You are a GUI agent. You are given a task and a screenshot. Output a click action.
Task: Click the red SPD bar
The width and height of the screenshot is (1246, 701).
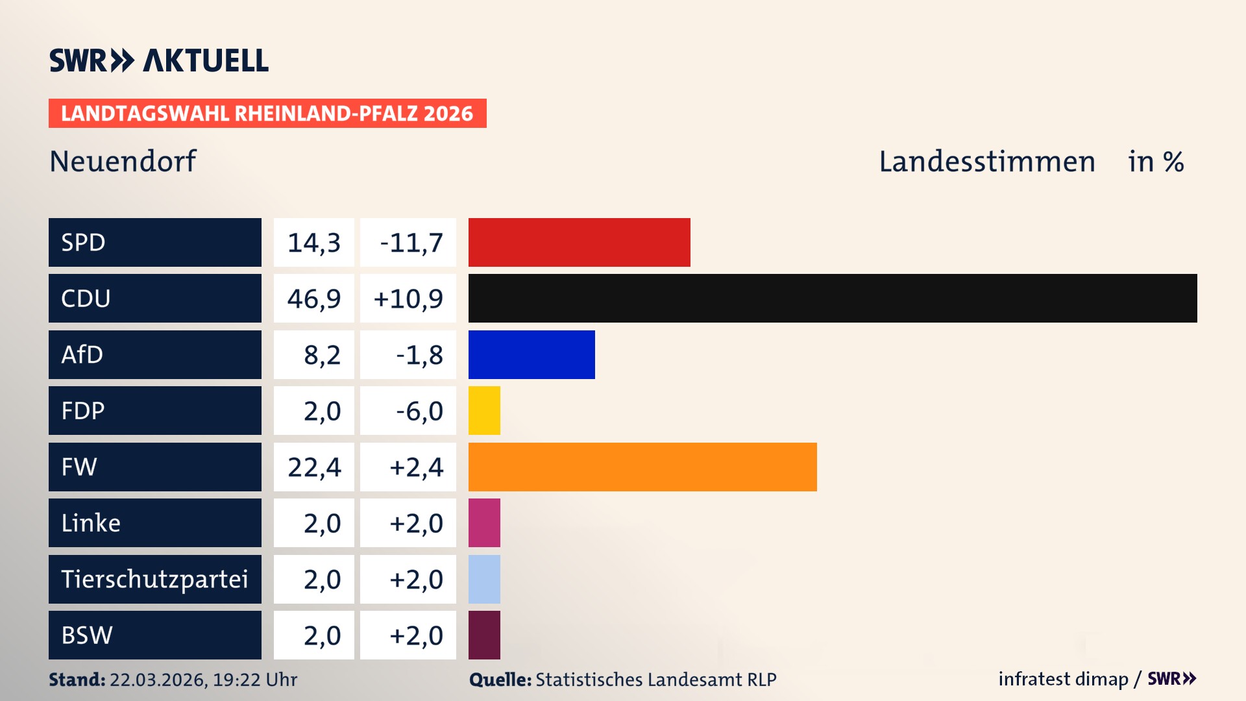[x=579, y=242]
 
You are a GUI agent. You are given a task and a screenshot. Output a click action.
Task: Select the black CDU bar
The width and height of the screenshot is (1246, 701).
[x=832, y=298]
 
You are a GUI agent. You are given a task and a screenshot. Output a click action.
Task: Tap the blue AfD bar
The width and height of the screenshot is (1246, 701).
[x=531, y=354]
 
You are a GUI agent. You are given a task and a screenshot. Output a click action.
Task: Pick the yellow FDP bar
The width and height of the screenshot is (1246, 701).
[x=484, y=410]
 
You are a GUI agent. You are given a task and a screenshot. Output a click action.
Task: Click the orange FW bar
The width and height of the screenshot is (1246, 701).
[x=642, y=467]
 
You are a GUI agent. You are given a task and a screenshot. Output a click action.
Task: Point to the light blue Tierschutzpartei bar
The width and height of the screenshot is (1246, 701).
[x=484, y=579]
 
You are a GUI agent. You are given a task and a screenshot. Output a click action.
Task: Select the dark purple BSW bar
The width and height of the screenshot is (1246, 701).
[x=484, y=635]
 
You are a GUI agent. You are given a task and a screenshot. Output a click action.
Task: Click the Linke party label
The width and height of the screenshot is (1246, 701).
[x=91, y=523]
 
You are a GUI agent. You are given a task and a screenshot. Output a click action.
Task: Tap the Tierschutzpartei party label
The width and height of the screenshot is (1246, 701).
[x=154, y=579]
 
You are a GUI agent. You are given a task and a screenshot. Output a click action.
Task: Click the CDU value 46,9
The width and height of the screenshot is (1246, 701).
[x=314, y=299]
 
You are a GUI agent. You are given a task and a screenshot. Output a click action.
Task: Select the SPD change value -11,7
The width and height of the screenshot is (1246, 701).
[x=411, y=243]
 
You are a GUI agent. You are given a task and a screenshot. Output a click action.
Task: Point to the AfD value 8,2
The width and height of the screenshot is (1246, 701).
[x=322, y=355]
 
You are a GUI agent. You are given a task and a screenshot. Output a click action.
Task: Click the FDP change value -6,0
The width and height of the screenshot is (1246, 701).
[x=419, y=411]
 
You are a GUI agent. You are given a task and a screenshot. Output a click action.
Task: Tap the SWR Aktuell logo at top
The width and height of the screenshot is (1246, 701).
[x=159, y=60]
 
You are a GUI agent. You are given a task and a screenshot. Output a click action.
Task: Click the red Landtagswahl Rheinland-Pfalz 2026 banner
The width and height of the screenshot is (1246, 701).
[x=267, y=113]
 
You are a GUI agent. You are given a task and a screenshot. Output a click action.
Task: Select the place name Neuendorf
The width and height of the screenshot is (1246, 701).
[x=123, y=161]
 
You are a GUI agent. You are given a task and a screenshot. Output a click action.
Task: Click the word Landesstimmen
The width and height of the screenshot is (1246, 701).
[x=986, y=161]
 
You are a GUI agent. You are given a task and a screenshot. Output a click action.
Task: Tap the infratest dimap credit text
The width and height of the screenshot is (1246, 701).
[x=1062, y=679]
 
